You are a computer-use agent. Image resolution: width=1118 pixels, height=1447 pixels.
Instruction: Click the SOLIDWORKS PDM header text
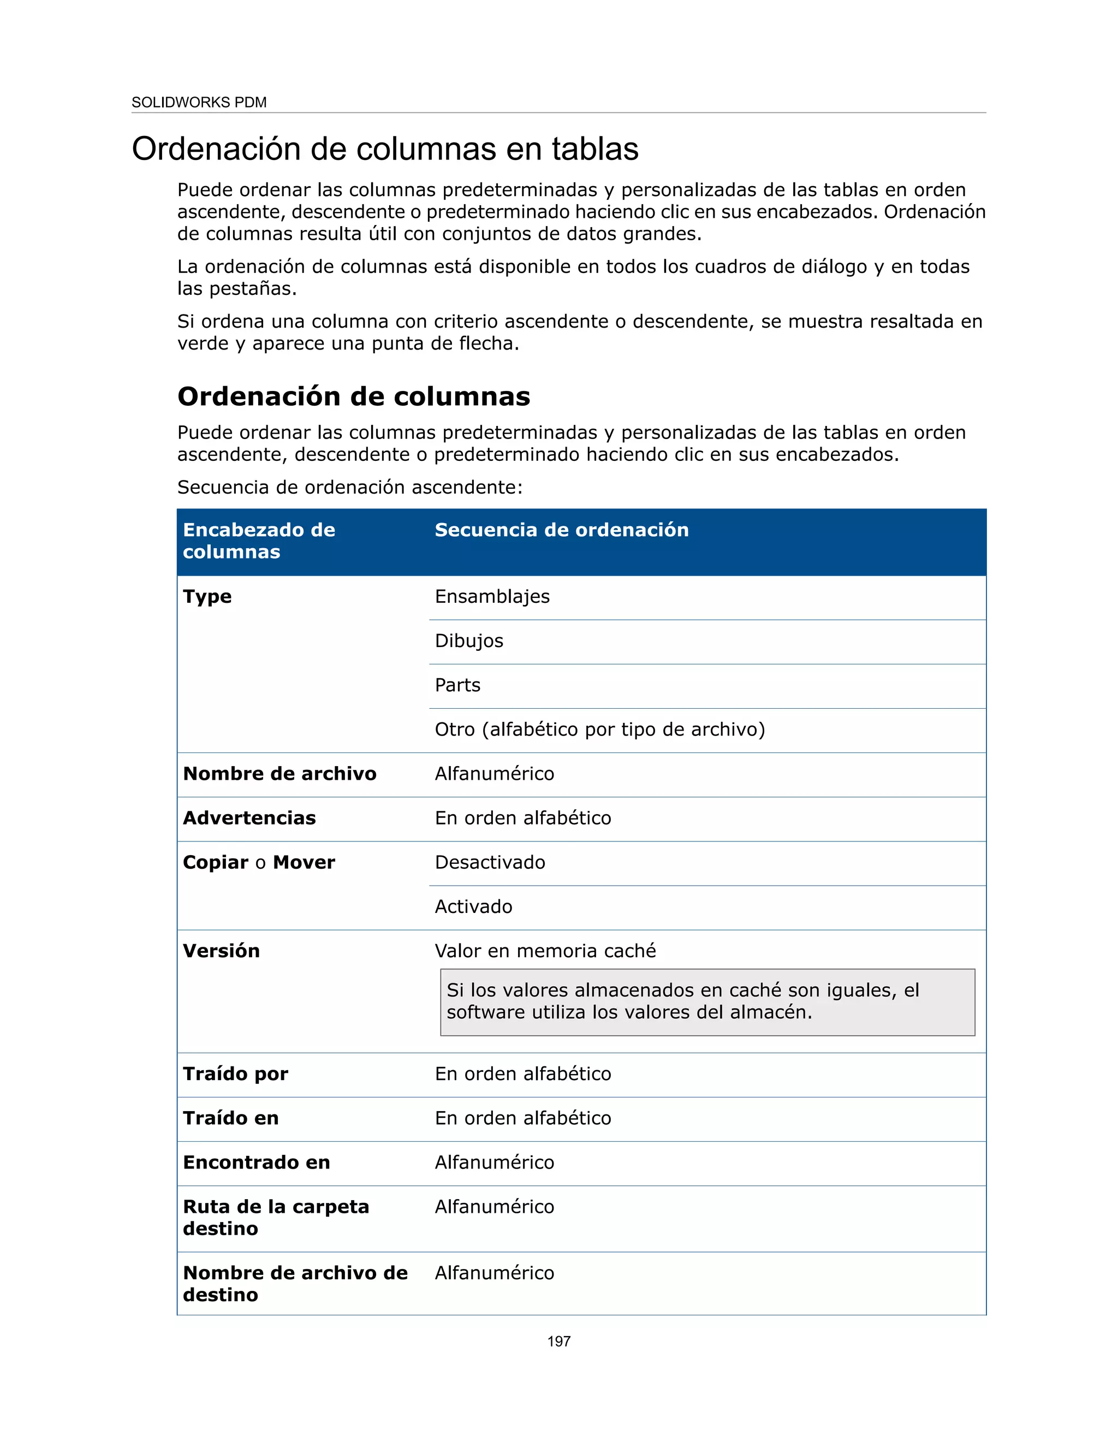tap(199, 102)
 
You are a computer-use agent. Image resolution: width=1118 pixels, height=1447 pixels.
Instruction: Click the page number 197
tap(558, 1341)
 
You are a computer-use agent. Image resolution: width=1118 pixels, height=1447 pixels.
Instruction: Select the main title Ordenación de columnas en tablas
tap(385, 149)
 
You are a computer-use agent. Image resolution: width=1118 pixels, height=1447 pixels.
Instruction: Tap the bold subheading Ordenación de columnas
tap(354, 396)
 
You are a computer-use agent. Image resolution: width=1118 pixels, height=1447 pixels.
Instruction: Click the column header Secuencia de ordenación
tap(561, 530)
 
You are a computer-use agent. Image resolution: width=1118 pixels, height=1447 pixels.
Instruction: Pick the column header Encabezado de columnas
tap(258, 541)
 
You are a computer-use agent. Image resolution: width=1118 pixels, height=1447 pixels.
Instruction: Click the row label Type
tap(207, 596)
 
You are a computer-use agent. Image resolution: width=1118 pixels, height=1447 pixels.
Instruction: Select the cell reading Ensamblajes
tap(492, 596)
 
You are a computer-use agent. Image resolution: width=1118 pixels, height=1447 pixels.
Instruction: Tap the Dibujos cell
tap(469, 641)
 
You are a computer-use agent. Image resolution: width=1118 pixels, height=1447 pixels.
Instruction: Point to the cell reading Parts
tap(457, 685)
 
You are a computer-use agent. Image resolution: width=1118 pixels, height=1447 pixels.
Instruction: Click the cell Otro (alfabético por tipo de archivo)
tap(599, 730)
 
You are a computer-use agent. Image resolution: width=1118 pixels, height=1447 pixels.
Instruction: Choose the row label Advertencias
tap(249, 819)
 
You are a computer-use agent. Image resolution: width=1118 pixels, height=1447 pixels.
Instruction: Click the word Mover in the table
tap(304, 863)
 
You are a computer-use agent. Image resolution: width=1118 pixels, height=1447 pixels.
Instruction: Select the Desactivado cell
tap(490, 863)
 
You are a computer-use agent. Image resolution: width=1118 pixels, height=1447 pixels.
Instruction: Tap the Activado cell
tap(473, 906)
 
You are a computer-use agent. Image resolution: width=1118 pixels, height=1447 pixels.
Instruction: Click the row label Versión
tap(221, 951)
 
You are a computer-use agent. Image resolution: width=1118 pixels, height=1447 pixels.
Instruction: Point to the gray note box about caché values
tap(707, 1002)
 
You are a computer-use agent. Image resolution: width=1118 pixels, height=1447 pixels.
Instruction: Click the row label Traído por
tap(235, 1074)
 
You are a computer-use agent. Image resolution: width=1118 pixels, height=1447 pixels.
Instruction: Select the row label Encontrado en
tap(257, 1163)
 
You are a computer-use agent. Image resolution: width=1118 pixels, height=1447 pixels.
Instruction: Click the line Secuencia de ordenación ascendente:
tap(350, 487)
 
